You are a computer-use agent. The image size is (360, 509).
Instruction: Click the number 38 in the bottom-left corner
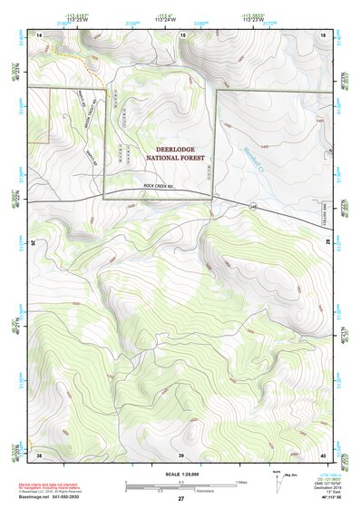pos(39,455)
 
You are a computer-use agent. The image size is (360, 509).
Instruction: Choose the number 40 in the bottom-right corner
pos(322,455)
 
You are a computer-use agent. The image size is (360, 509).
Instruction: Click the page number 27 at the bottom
pos(180,499)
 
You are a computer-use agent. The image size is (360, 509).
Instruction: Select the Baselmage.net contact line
pos(47,498)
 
